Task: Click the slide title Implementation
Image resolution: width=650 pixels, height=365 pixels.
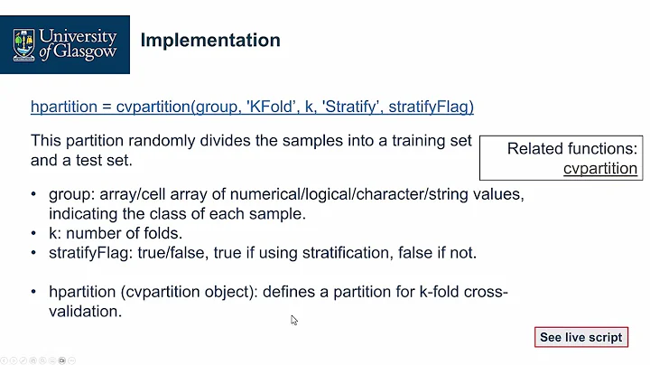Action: click(x=210, y=41)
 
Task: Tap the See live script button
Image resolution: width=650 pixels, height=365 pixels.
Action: click(x=580, y=337)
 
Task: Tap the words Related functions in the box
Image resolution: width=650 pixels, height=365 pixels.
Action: click(x=571, y=149)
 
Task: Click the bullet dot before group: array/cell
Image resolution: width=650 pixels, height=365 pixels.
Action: click(x=35, y=195)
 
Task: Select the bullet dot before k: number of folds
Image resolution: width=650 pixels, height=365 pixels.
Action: click(x=35, y=233)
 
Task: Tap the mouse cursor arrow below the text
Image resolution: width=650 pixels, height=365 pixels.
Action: click(x=294, y=320)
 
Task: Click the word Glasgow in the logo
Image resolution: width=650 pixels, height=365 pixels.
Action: click(x=88, y=52)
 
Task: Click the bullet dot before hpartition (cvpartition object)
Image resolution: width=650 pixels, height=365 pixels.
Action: click(x=35, y=292)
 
